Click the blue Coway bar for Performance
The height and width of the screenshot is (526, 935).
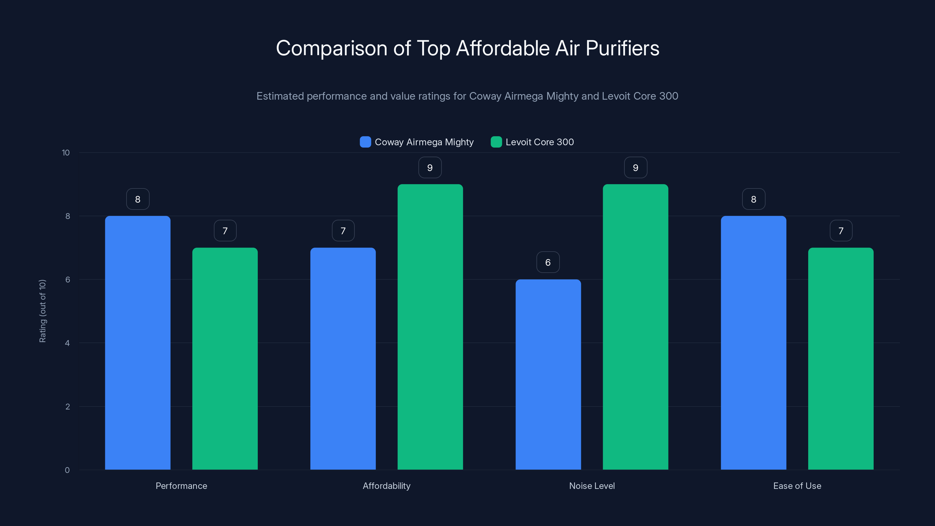(138, 343)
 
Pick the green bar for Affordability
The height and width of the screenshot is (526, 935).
(430, 327)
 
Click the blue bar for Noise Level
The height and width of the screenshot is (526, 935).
(548, 374)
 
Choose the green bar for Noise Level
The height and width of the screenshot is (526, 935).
(635, 327)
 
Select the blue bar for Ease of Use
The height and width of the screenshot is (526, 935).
(754, 343)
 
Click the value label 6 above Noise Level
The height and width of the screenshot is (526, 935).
(548, 262)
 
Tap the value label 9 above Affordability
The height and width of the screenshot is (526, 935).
(430, 168)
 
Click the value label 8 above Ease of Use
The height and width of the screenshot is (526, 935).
(754, 199)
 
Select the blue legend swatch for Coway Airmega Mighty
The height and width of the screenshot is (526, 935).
(365, 142)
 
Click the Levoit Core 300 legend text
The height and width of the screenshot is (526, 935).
(539, 142)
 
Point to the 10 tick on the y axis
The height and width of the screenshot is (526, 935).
(66, 153)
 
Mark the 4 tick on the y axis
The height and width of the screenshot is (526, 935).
(67, 343)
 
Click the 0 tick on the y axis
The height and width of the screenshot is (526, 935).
(67, 470)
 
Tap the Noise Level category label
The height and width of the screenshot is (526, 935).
(592, 486)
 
